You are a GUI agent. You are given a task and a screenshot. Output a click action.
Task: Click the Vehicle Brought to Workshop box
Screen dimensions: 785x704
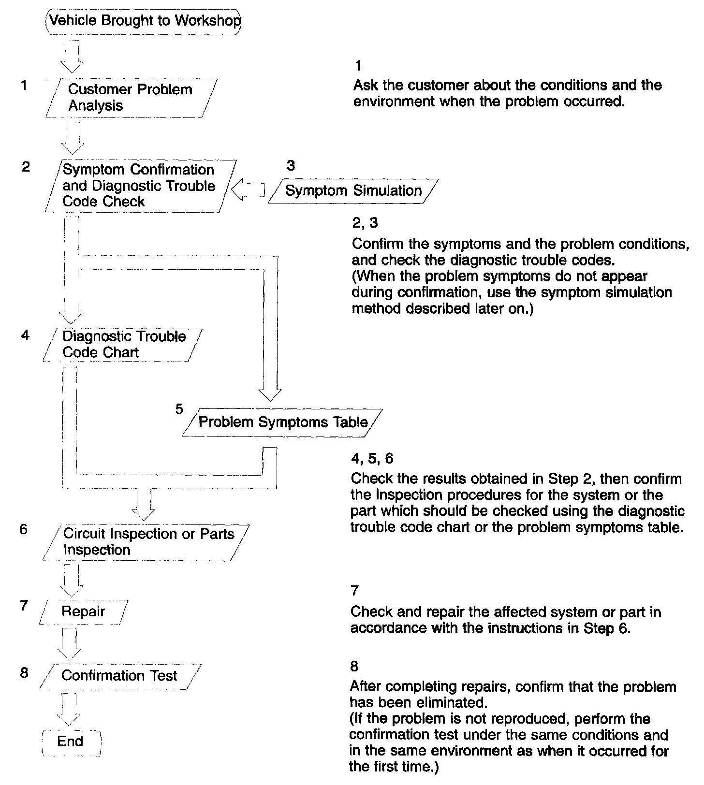coord(144,21)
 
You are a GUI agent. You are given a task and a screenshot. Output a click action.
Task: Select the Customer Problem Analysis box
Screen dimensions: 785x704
coord(131,98)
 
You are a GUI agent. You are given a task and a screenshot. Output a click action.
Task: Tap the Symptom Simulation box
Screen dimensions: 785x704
coord(353,190)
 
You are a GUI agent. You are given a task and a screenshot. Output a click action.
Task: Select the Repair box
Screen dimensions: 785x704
coord(83,611)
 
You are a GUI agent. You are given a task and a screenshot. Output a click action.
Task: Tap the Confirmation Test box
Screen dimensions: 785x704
coord(119,675)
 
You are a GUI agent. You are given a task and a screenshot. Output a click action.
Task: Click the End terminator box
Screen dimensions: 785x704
coord(71,741)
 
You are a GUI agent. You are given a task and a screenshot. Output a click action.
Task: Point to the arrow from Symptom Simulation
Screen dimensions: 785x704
coord(248,190)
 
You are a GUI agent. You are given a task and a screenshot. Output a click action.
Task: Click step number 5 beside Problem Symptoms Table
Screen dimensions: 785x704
coord(179,409)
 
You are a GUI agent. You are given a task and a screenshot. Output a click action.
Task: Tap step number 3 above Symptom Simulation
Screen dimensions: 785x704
coord(291,166)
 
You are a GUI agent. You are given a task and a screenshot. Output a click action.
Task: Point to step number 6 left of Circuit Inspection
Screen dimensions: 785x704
coord(24,529)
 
